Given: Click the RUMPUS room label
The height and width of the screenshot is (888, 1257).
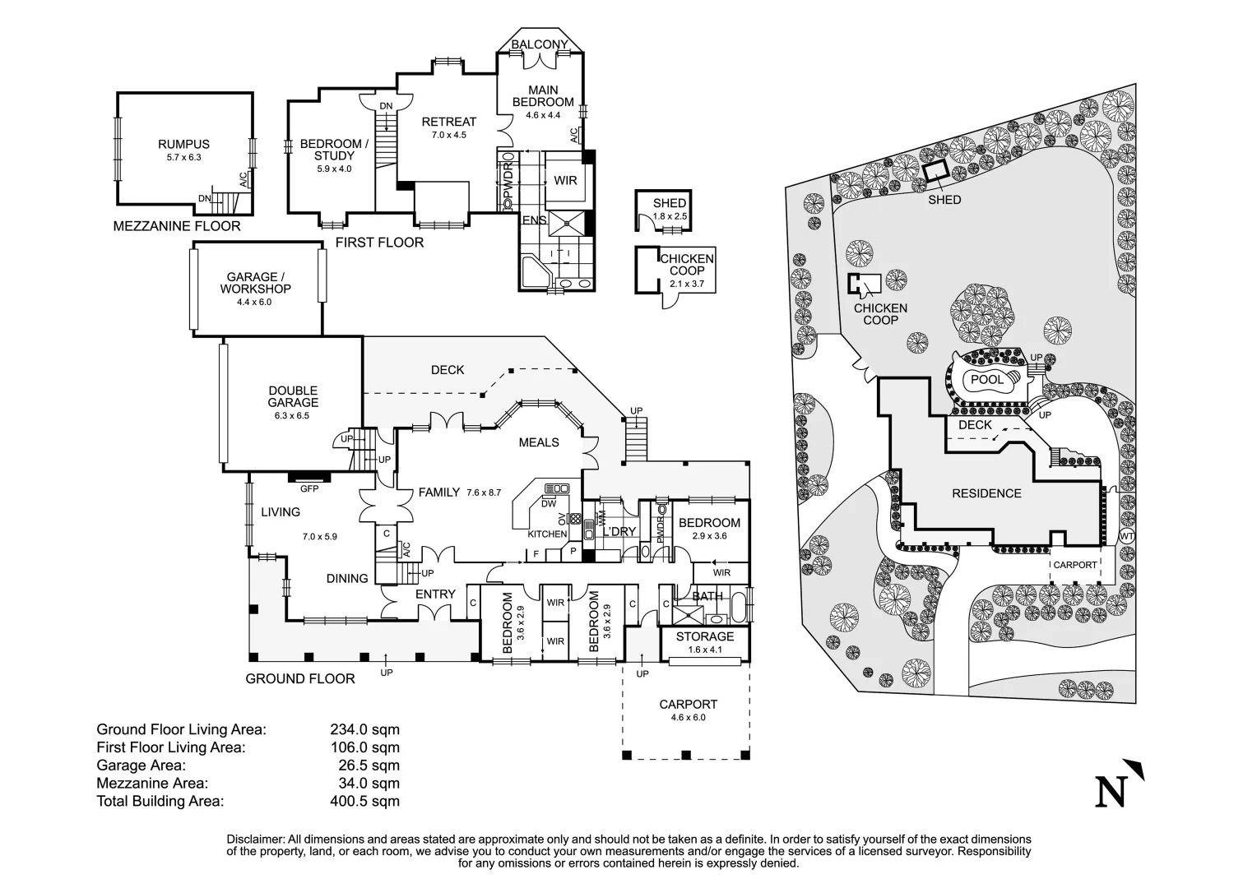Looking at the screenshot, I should tap(183, 145).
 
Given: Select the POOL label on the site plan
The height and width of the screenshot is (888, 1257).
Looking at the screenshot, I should tap(986, 380).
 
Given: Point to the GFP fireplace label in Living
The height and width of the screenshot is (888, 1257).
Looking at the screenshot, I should tap(309, 488).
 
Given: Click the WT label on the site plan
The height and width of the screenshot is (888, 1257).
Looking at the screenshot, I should tap(1126, 536).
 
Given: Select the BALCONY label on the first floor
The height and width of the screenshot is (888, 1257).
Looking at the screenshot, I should tap(540, 44).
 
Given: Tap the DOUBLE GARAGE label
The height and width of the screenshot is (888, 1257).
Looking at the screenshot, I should tap(293, 396).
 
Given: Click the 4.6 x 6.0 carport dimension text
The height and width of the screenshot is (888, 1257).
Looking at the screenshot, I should tap(688, 718).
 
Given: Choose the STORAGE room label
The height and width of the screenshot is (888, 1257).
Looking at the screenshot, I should tap(705, 636).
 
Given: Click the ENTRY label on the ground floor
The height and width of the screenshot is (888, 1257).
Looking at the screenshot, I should tap(435, 594).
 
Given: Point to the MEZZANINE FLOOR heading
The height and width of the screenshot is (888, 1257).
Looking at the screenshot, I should tap(177, 226).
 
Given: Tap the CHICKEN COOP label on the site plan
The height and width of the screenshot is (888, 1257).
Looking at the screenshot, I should tap(880, 314).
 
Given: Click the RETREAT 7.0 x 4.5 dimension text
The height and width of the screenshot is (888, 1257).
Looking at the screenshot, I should tap(449, 135).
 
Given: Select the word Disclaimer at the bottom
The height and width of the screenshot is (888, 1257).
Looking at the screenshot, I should tap(255, 839).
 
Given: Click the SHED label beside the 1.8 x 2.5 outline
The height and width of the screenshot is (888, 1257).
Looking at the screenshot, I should tap(669, 203).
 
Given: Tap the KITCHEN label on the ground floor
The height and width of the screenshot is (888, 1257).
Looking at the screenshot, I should tap(547, 534).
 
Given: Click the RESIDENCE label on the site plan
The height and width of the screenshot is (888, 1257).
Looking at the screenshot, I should tap(986, 493).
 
